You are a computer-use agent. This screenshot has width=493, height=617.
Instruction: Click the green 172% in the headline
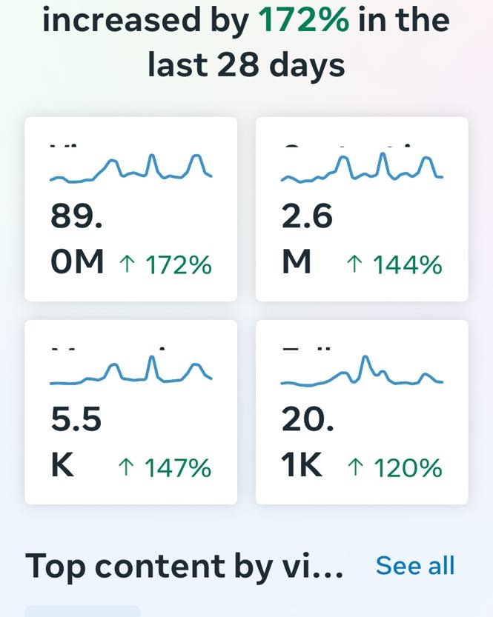pos(304,19)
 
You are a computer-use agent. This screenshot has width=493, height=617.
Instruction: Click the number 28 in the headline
pos(237,64)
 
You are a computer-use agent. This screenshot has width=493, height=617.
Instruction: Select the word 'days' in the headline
pos(308,66)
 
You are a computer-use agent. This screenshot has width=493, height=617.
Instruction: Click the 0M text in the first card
pos(77,262)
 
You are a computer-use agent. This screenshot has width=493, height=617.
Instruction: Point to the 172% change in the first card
pos(178,264)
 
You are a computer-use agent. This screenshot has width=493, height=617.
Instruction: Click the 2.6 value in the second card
pos(307,217)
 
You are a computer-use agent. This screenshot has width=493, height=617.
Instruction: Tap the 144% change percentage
pos(408,264)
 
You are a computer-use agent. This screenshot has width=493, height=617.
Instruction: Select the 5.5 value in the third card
pos(76,420)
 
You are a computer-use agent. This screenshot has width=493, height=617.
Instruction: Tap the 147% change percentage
pos(178,467)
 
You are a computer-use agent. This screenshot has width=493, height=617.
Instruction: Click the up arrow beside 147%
pos(126,467)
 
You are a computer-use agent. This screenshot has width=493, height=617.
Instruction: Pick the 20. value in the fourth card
pos(308,420)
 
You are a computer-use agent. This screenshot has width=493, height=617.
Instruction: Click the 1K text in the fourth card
pos(302,466)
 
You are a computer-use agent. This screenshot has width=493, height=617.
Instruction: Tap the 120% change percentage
pos(408,467)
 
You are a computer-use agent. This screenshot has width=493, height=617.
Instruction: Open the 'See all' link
pos(415,565)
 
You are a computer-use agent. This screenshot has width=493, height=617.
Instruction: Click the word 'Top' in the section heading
pos(55,567)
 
